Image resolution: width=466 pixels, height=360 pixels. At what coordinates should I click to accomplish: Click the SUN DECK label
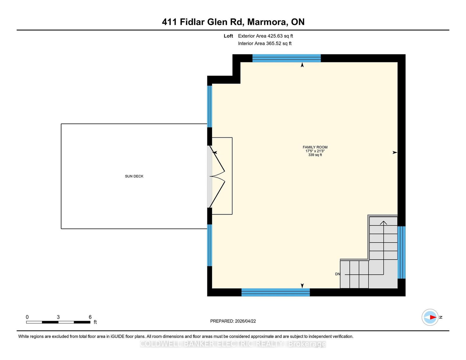coord(134,176)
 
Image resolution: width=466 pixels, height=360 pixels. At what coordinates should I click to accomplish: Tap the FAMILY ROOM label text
coord(315,147)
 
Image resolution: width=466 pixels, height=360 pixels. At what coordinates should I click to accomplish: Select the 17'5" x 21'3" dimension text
coord(315,151)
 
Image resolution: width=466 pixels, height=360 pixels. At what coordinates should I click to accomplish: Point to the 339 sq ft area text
coord(315,155)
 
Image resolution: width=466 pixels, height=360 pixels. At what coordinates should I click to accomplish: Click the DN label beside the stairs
coord(338,274)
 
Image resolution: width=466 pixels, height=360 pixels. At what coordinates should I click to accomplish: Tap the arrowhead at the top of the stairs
coord(384,223)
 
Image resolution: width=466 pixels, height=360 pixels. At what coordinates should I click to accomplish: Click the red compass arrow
coord(433,317)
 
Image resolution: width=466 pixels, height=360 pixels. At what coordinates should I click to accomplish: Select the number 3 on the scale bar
coord(58,317)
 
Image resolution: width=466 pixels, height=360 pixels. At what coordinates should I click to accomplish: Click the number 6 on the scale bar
coord(90,317)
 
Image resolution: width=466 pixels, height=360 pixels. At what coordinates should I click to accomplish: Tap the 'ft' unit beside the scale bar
coord(95,322)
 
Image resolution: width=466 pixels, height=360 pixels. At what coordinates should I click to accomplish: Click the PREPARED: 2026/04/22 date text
coord(233,321)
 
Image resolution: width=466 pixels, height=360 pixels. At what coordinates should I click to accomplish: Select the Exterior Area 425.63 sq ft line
coord(266,36)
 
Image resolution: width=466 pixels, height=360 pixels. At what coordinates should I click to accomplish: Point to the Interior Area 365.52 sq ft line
coord(265,43)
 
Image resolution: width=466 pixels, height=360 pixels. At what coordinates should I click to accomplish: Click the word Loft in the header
coord(228,36)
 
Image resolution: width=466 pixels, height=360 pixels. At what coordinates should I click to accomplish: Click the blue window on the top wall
coord(286,58)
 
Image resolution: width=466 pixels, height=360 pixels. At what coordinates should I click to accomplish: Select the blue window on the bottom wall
coord(276,292)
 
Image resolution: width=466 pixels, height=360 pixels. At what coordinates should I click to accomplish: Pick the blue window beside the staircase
coord(401,252)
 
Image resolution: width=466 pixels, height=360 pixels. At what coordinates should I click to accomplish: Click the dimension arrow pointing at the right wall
coord(395,152)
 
